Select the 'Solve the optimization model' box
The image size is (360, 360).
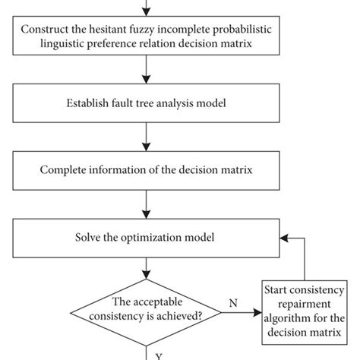pos(143,238)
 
